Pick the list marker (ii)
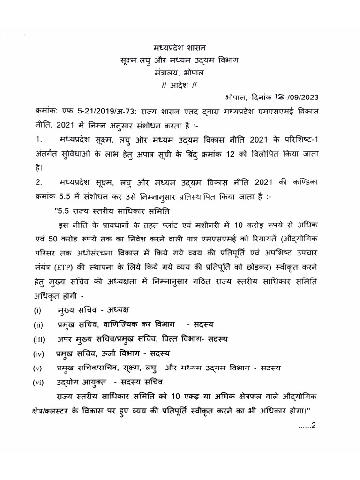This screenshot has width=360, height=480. coord(38,325)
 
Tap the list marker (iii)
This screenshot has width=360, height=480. coord(39,339)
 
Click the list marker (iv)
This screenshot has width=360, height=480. coord(39,353)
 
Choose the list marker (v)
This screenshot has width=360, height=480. coord(38,367)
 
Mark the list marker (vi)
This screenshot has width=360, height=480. coord(39,382)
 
